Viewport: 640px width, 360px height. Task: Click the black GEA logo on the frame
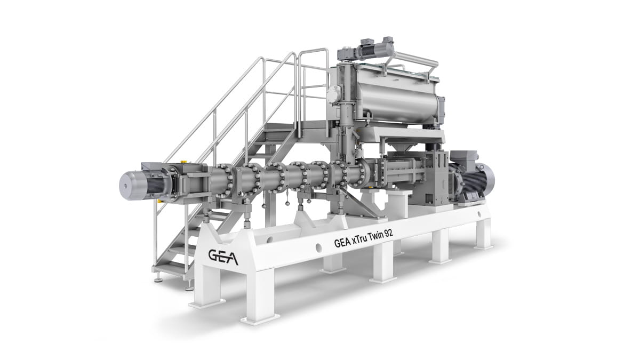point(222,256)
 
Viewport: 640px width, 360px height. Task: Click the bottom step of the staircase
point(169,270)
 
